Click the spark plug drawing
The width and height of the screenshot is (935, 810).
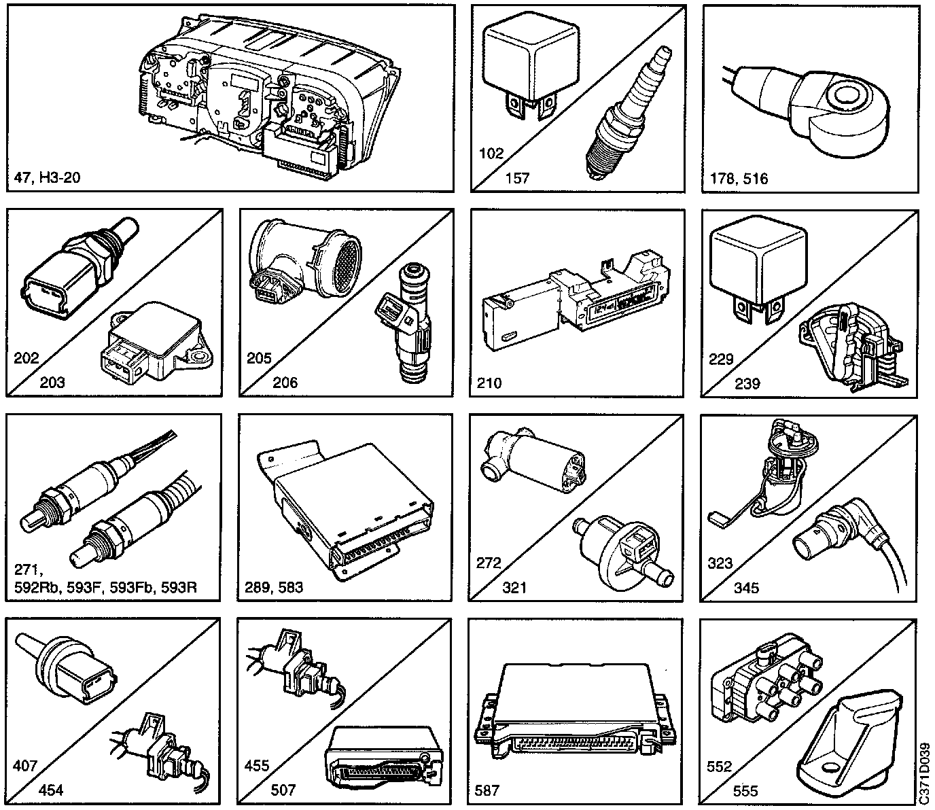point(628,113)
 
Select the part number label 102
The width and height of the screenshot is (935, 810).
point(491,154)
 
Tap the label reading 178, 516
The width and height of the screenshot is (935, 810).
point(739,179)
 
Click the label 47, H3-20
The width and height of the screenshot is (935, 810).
point(47,177)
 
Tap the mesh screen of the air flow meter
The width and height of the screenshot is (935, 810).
point(347,262)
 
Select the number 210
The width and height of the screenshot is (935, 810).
point(489,383)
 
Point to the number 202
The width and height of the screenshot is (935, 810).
point(27,358)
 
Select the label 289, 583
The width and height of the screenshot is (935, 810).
point(274,588)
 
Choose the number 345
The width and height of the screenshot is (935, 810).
point(746,588)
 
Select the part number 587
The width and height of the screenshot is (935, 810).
point(487,790)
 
